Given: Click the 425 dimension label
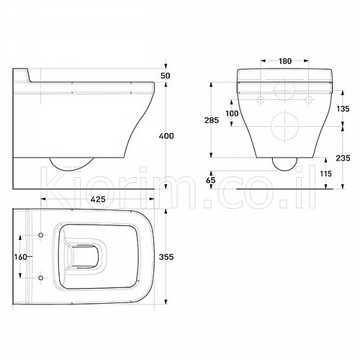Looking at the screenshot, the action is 99,199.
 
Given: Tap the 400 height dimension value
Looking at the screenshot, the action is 166,136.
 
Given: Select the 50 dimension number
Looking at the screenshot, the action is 166,76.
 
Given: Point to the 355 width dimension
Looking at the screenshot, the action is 166,257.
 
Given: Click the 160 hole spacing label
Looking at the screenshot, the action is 21,257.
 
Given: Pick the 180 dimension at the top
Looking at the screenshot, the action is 285,61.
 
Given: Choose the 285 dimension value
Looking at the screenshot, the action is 212,120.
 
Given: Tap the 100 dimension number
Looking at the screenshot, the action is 232,113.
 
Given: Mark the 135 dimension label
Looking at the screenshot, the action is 343,109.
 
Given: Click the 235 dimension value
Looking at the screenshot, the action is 343,158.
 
